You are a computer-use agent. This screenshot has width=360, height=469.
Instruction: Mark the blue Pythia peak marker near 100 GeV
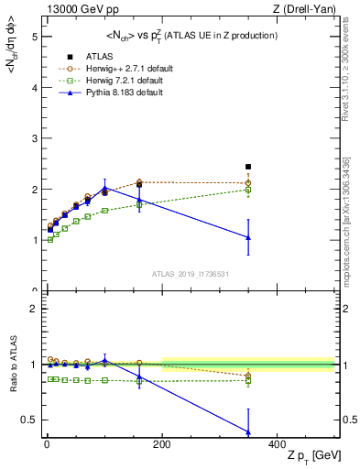pyautogui.click(x=104, y=188)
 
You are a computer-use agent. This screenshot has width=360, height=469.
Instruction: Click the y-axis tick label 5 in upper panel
pyautogui.click(x=33, y=38)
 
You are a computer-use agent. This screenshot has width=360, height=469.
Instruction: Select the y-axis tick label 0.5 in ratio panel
pyautogui.click(x=30, y=420)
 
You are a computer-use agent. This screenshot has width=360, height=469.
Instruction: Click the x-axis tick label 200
pyautogui.click(x=162, y=443)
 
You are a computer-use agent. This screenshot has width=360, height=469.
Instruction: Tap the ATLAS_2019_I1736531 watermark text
pyautogui.click(x=190, y=274)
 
